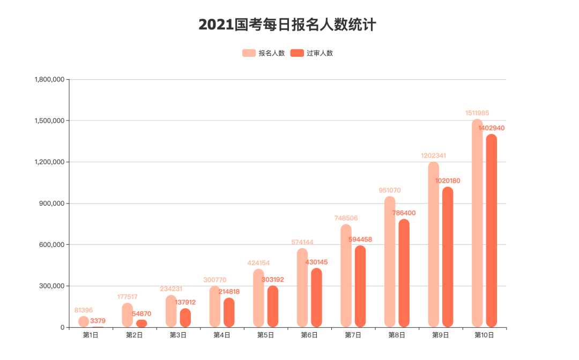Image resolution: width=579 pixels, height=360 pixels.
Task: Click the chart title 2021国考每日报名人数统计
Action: (x=287, y=25)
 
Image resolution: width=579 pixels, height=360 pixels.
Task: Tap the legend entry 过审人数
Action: (x=311, y=53)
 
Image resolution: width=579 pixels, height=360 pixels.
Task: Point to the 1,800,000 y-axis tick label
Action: (x=49, y=79)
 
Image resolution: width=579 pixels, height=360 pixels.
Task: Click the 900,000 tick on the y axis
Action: (x=53, y=204)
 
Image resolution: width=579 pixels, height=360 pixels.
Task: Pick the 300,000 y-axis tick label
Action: (x=53, y=286)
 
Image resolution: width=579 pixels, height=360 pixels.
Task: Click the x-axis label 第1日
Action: (x=91, y=335)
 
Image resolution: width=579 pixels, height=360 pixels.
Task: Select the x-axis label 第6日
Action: (x=309, y=335)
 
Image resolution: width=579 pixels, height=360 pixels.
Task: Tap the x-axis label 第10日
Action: (x=484, y=335)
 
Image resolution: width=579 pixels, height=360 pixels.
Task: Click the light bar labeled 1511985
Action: (x=477, y=225)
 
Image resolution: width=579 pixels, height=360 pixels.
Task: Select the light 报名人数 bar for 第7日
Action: (x=346, y=276)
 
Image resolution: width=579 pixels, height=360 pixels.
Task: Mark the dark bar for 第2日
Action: (x=142, y=324)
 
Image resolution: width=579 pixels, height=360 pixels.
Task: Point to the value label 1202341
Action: (x=433, y=156)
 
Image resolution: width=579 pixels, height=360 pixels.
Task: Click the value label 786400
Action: (x=404, y=213)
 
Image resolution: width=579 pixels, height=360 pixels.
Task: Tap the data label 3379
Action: (x=98, y=321)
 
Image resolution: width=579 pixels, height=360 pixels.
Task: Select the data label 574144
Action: (x=302, y=242)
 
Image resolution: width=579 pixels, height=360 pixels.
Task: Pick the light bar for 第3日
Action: (x=171, y=311)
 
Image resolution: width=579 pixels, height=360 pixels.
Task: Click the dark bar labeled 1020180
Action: (x=448, y=257)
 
